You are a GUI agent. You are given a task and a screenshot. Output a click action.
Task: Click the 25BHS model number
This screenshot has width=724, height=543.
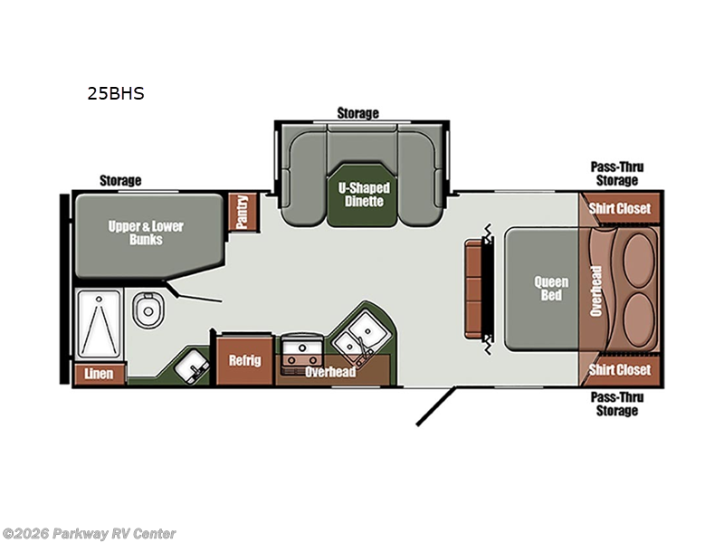tap(116, 93)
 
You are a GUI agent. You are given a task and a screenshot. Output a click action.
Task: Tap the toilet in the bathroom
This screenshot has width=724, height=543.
tap(148, 310)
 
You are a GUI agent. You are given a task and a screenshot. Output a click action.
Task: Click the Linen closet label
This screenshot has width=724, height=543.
tap(99, 374)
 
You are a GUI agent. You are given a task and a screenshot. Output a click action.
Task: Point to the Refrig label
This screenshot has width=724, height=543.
tap(244, 360)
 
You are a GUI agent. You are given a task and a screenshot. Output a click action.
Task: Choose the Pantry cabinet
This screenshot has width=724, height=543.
tap(243, 212)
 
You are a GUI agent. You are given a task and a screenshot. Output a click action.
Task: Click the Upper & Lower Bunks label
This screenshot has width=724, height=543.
tap(146, 233)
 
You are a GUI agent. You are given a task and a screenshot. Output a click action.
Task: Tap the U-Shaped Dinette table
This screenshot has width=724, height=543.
tap(364, 195)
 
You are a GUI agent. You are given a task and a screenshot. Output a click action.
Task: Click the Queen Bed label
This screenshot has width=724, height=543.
tap(551, 289)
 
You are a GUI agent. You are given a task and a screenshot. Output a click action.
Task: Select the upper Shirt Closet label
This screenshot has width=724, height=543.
tap(620, 209)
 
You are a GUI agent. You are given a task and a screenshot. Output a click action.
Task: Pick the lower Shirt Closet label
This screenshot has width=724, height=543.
tap(620, 370)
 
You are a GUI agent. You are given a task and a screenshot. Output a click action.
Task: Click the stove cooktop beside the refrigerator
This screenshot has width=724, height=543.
tap(302, 352)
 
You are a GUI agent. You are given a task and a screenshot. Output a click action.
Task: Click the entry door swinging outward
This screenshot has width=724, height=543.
tap(436, 406)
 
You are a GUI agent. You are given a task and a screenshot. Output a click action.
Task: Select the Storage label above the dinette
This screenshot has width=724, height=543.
tap(357, 113)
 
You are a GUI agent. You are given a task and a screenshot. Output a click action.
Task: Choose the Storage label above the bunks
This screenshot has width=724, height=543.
tap(120, 180)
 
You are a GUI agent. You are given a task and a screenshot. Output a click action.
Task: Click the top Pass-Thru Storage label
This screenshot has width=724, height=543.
tap(617, 174)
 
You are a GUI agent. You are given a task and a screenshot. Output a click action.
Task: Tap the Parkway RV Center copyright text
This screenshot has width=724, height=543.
tap(89, 534)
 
